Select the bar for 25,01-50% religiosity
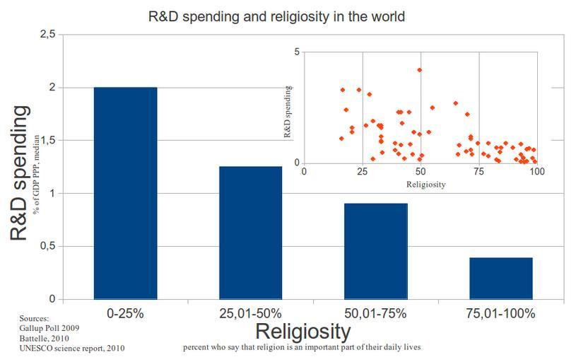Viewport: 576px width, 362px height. pos(250,233)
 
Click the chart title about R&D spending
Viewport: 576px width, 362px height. pos(276,16)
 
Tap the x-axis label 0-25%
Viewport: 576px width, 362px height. pos(125,313)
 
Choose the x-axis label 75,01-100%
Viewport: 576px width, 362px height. pos(500,313)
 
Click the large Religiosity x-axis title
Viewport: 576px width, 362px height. pos(302,331)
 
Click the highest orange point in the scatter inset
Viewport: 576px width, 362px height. pos(419,70)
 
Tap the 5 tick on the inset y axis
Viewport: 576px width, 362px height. pos(298,52)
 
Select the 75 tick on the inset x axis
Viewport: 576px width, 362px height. pos(479,171)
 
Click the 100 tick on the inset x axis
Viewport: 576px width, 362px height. pos(537,171)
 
